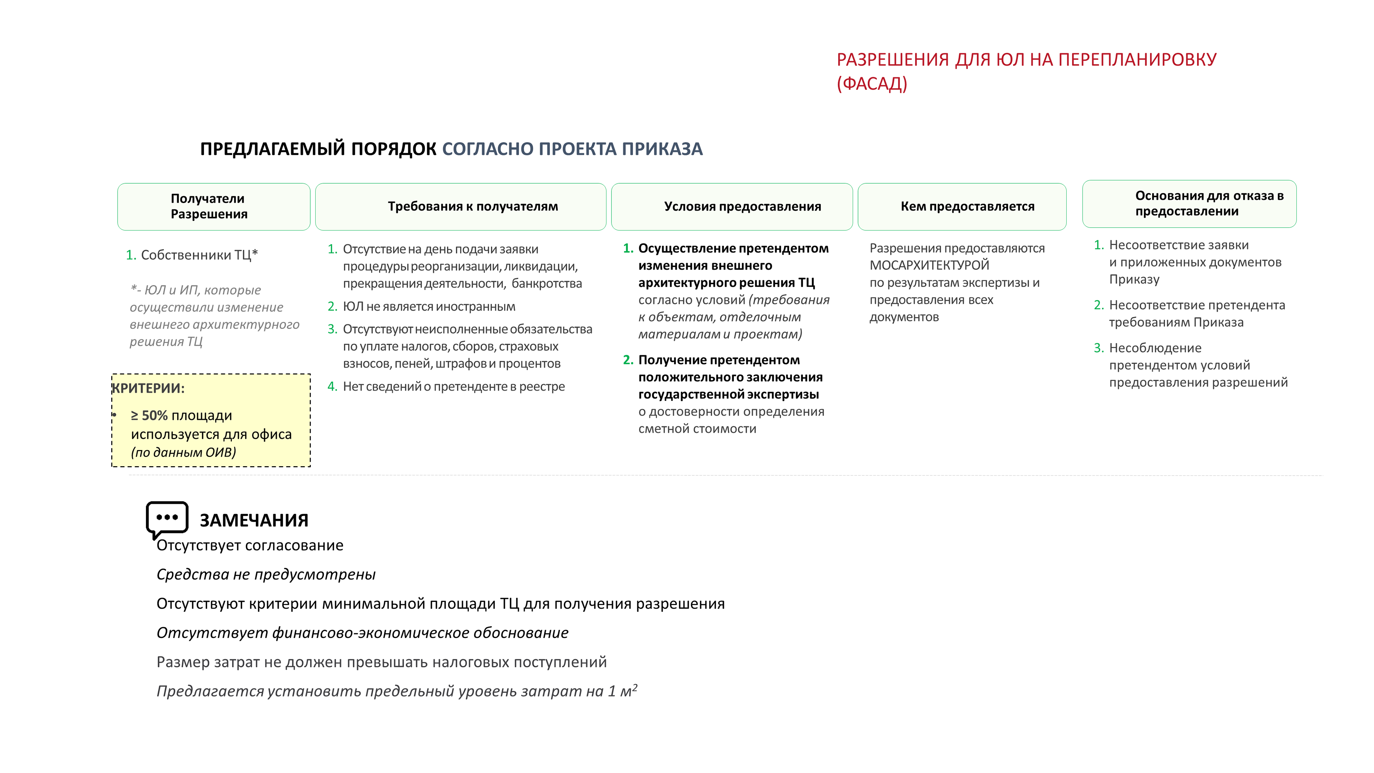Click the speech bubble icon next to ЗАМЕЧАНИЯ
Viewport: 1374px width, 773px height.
tap(167, 518)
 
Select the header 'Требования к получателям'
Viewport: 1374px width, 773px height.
tap(473, 207)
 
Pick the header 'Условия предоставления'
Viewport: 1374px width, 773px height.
tap(742, 207)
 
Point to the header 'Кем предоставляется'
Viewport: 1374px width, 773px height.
tap(967, 207)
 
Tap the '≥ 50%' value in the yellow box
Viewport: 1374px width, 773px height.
tap(149, 415)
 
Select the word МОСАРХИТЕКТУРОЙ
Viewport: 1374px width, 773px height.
tap(929, 265)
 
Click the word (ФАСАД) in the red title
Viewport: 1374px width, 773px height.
tap(872, 84)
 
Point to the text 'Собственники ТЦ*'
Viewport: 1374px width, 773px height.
tap(199, 255)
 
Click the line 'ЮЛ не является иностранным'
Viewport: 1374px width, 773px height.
tap(429, 306)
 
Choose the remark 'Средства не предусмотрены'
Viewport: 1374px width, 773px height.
tap(265, 574)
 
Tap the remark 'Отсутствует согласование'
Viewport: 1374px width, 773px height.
tap(250, 545)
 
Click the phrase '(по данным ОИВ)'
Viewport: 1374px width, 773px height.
tap(184, 452)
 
